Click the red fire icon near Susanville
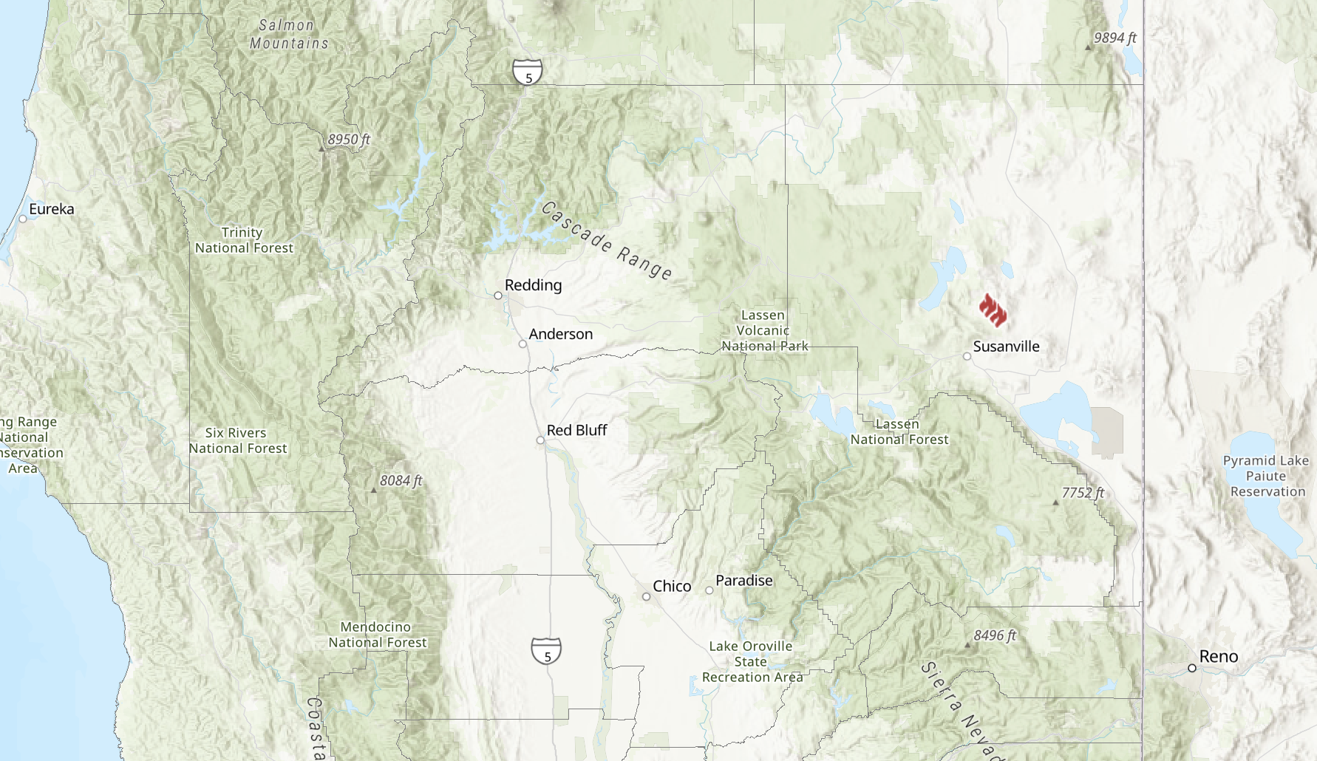[993, 310]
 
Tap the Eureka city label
[51, 209]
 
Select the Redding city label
[533, 285]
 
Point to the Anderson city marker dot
[523, 344]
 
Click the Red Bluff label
[576, 430]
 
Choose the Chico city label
[672, 586]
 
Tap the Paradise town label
[743, 581]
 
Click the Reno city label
[1218, 656]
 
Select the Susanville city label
[1006, 347]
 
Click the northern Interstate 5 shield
[528, 72]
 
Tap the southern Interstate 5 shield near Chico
[546, 651]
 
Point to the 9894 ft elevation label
[1114, 38]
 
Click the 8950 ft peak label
[349, 139]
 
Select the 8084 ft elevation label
[401, 480]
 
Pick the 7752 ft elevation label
[1083, 493]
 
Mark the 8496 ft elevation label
[995, 635]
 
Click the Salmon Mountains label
[288, 34]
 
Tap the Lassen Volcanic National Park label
[763, 330]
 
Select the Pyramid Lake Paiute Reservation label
[1267, 476]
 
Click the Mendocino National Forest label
[377, 635]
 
